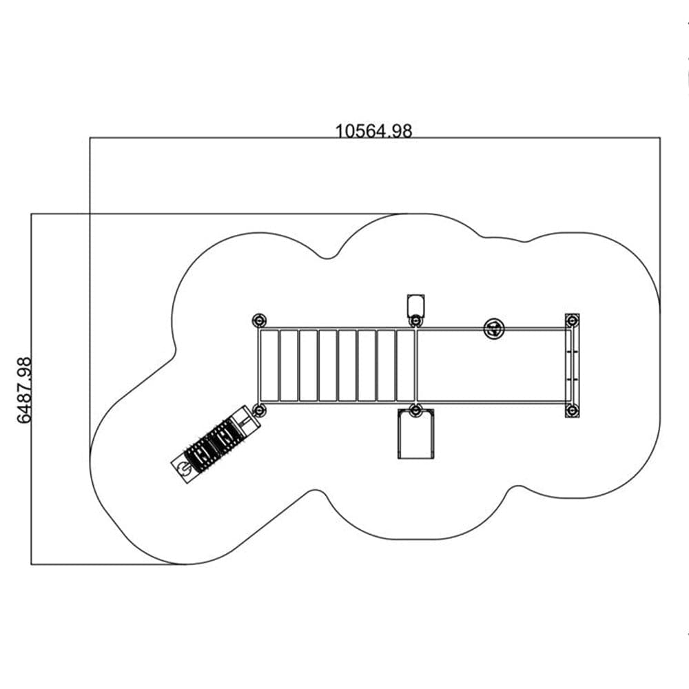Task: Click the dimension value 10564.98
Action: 374,131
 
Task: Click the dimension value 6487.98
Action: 25,390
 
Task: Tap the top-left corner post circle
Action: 259,320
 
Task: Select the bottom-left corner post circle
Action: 259,411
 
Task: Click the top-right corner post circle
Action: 572,321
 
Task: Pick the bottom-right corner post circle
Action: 572,411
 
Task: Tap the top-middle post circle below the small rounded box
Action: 415,321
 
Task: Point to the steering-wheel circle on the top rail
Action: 494,328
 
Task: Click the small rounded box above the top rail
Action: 416,305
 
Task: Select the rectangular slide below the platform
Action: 416,434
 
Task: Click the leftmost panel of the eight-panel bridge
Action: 269,365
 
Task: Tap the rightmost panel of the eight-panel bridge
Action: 406,365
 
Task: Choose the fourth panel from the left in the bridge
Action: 328,365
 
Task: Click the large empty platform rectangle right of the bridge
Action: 491,365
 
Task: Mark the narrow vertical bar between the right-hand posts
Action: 572,366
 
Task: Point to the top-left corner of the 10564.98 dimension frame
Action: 90,138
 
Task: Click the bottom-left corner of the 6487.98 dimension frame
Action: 31,564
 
